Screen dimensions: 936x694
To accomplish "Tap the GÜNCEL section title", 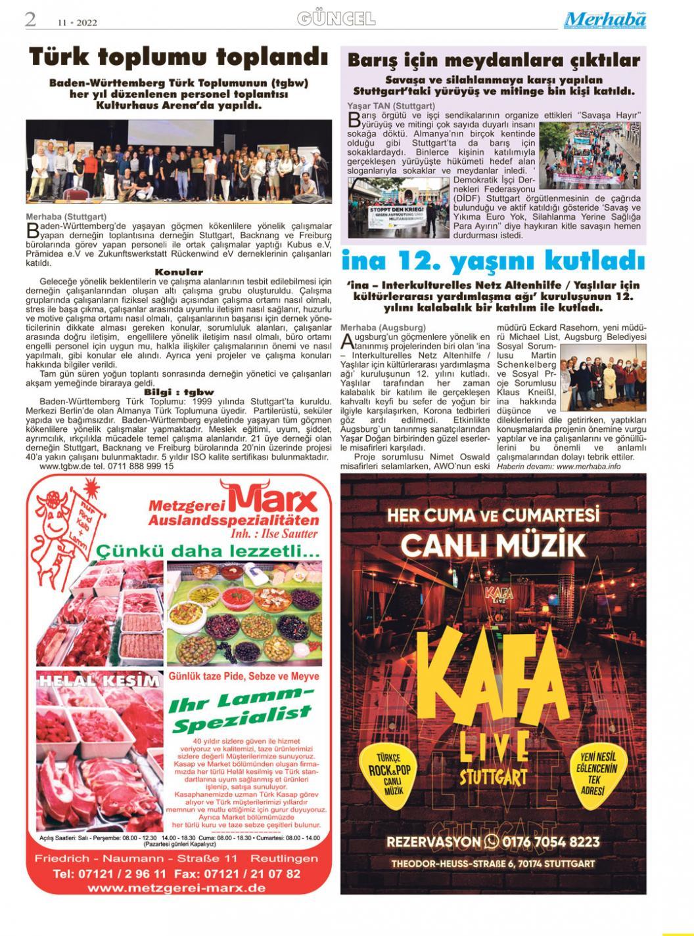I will pos(336,19).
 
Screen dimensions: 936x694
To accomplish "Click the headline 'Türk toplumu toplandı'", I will pos(178,58).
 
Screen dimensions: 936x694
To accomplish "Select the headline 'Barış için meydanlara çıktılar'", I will pos(493,61).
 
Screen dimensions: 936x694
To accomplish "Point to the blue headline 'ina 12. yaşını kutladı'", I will pos(492,262).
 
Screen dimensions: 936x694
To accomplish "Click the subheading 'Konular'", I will pos(179,272).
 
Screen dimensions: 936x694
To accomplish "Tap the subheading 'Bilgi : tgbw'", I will pos(179,393).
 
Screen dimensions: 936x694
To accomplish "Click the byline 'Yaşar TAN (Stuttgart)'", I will pos(390,106).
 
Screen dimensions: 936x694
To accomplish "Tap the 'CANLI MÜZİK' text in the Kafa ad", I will pos(493,545).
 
